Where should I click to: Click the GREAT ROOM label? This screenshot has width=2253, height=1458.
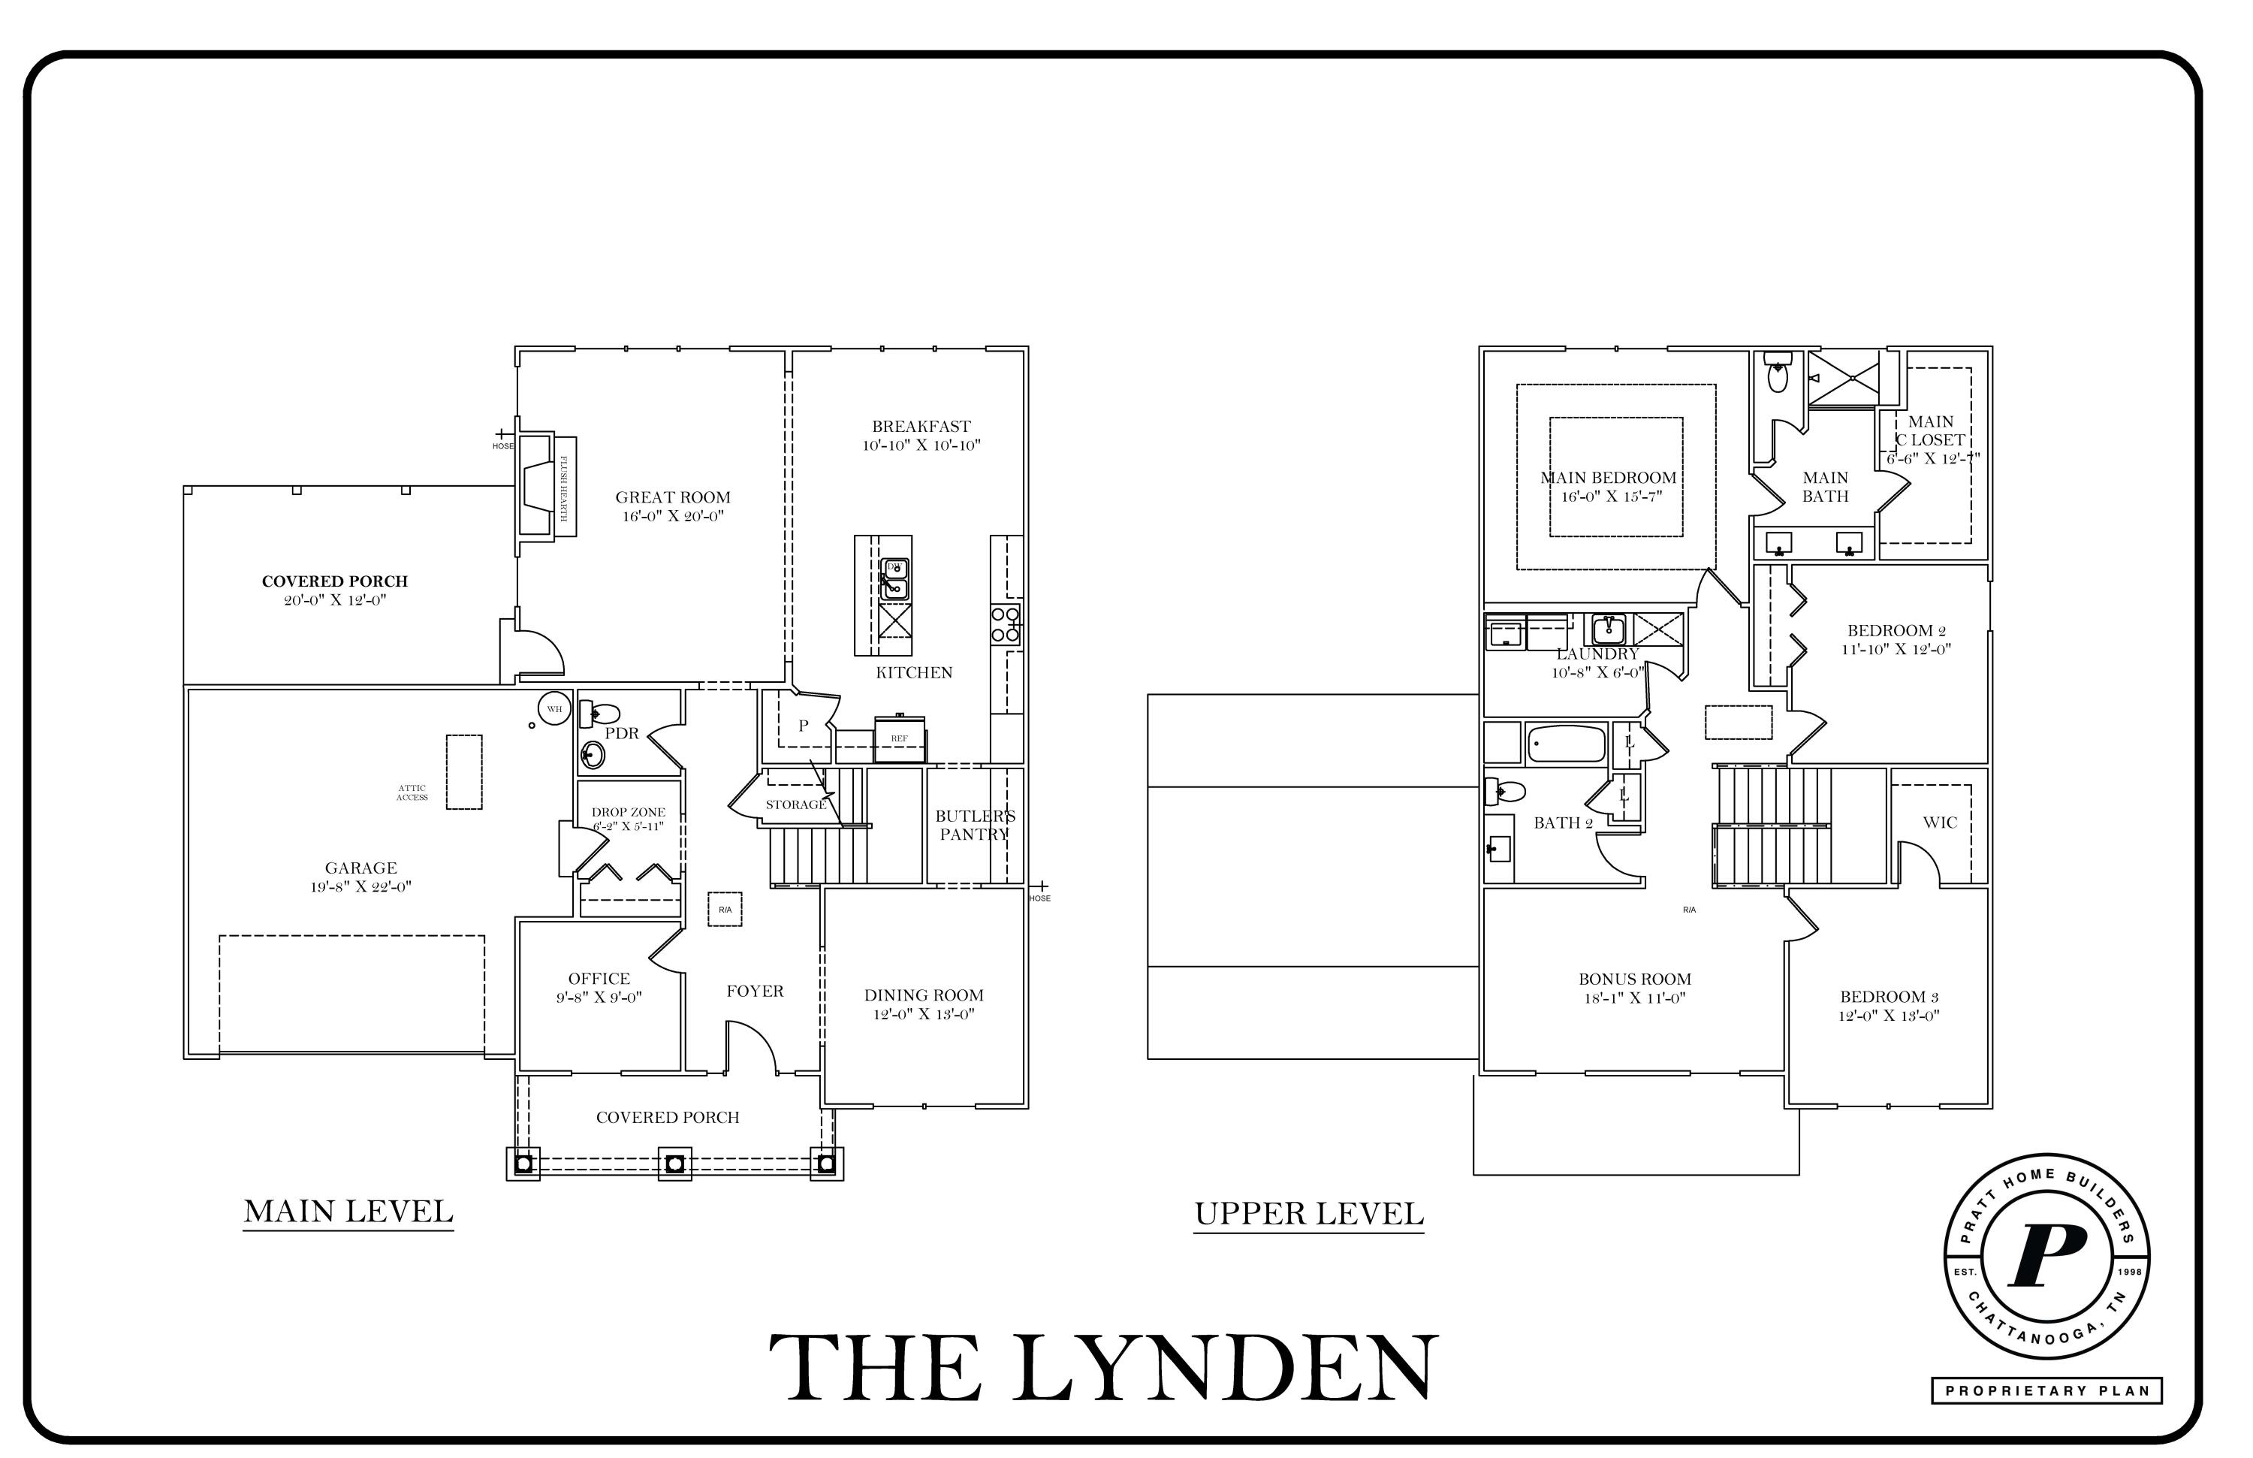coord(672,498)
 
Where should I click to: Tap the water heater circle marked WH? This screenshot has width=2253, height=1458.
coord(553,709)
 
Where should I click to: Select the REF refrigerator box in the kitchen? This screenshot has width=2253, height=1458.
coord(899,738)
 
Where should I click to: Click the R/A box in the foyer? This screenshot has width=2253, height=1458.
coord(725,910)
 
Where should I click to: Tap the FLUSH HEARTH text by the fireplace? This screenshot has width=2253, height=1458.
coord(564,487)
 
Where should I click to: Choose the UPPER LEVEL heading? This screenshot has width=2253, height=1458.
coord(1308,1214)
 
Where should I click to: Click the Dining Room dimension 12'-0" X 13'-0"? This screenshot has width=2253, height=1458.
coord(923,1015)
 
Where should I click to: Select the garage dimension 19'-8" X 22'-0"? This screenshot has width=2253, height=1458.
coord(360,887)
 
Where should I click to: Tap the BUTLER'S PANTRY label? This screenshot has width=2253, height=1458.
coord(974,825)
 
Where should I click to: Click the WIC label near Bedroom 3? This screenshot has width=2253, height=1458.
coord(1940,823)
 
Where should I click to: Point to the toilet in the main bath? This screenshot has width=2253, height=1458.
coord(1778,374)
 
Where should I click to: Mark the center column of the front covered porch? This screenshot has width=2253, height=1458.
coord(674,1163)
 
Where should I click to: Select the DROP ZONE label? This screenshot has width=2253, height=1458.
coord(629,812)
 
